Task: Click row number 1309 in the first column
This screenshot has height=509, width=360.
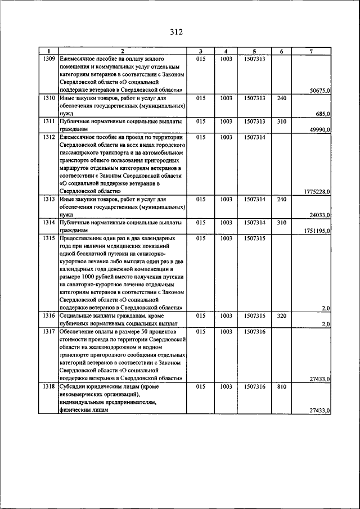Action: (48, 58)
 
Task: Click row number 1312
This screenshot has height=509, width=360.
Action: (48, 137)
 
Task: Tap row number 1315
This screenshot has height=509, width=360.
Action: (48, 238)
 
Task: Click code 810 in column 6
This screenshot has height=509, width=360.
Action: (282, 387)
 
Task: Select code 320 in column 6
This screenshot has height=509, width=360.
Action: (282, 317)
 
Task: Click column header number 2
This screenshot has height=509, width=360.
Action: (123, 51)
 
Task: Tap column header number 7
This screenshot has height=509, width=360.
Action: (312, 51)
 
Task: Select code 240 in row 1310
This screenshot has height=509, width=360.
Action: (282, 98)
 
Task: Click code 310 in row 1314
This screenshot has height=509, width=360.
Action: (282, 223)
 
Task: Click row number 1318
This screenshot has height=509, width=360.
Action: (48, 387)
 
